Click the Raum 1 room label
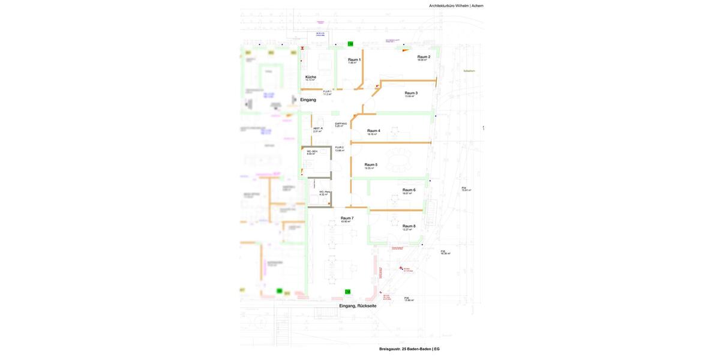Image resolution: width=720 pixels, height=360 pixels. (x=354, y=59)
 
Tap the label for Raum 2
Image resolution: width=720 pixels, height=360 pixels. (x=424, y=57)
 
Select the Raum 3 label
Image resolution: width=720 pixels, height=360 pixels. (x=411, y=93)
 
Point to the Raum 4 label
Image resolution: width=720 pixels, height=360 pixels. (x=374, y=131)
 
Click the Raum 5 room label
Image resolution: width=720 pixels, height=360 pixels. (x=371, y=164)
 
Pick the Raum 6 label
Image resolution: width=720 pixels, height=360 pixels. (x=409, y=190)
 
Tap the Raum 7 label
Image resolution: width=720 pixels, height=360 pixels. (x=347, y=218)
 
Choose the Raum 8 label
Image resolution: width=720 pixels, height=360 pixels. (x=409, y=226)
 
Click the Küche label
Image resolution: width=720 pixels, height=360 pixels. (x=310, y=77)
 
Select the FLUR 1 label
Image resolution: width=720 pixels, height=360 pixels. (x=327, y=92)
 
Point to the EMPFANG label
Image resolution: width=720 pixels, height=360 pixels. (x=341, y=124)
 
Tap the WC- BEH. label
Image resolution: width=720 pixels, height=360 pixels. (x=312, y=151)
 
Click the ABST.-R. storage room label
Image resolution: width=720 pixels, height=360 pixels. (x=318, y=128)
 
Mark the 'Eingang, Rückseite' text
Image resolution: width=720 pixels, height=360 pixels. (x=358, y=306)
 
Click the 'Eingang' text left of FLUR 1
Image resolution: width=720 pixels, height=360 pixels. (x=308, y=100)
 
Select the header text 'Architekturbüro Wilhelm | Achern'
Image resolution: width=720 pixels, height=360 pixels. (x=456, y=6)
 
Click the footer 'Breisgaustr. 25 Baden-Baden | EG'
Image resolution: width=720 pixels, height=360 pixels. (x=409, y=349)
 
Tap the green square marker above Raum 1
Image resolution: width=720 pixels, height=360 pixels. (x=350, y=44)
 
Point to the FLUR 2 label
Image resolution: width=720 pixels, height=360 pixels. (x=340, y=148)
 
